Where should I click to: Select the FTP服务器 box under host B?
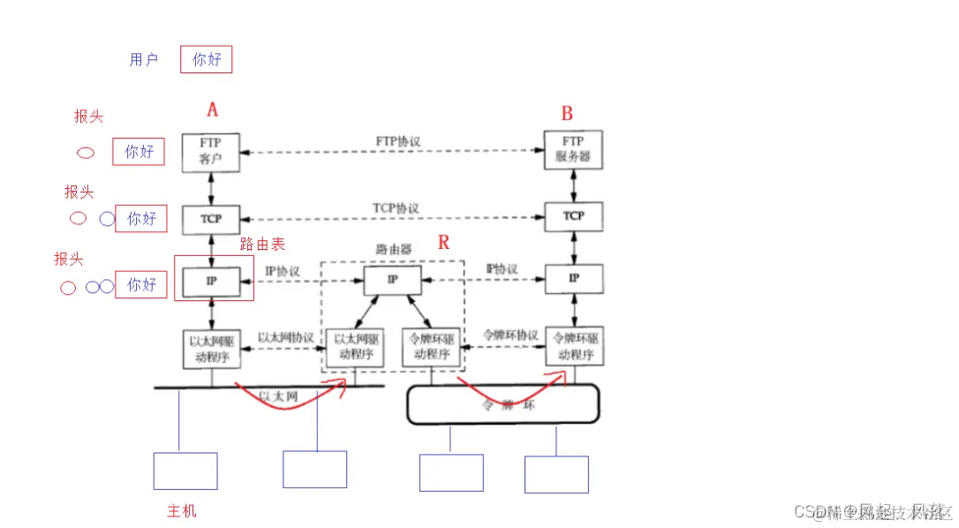pos(573,151)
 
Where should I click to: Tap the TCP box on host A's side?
pos(211,218)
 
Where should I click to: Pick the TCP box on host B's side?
pos(573,216)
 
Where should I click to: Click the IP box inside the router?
pos(392,279)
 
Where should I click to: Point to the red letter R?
pos(443,242)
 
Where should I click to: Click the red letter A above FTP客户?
pos(212,109)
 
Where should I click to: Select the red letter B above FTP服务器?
pos(567,113)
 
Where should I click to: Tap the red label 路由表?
pos(263,245)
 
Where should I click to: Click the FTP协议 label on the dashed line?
pos(397,141)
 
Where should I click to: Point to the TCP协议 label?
pos(396,208)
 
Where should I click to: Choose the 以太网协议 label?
pos(285,338)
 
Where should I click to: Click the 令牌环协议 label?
pos(510,336)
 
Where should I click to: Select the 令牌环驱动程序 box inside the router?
pos(431,347)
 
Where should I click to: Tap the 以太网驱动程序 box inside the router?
pos(355,347)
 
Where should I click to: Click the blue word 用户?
pos(143,60)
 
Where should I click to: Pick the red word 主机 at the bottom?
pos(182,510)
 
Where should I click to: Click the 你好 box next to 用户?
pos(207,60)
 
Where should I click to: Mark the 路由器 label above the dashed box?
pos(393,250)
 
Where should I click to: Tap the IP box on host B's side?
pos(574,278)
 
